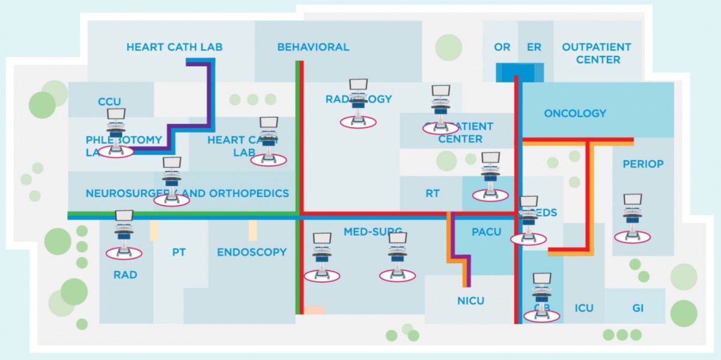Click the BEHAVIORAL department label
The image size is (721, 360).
point(313,47)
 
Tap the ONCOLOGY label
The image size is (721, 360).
point(575,113)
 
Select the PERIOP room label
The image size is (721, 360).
point(643,163)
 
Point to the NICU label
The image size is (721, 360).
point(470,301)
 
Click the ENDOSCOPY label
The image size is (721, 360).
point(252,252)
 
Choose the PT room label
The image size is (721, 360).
point(178,252)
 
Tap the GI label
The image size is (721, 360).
point(638,308)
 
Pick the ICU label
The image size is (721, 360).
point(583,308)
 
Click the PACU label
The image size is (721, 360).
point(486,232)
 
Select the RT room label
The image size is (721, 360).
point(432,194)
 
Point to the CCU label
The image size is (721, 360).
point(109,102)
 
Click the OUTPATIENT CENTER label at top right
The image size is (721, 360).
point(597,53)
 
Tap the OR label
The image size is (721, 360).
point(502,47)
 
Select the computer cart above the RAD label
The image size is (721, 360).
point(124,234)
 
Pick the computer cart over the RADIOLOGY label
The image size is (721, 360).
point(358,103)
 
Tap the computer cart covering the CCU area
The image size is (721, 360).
point(116,133)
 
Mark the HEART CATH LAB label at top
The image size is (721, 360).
point(166,47)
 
